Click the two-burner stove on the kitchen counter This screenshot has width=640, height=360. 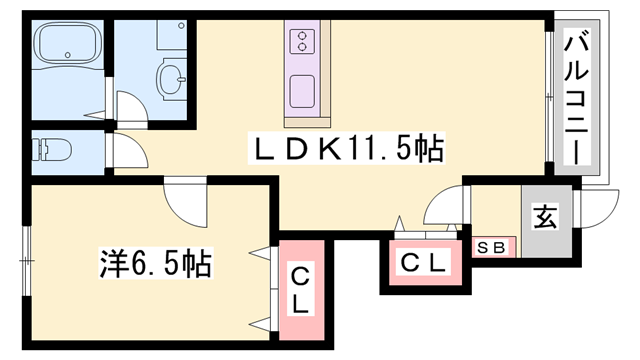click(x=302, y=41)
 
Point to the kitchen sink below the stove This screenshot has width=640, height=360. click(x=302, y=91)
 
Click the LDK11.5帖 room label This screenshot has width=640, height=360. click(x=345, y=150)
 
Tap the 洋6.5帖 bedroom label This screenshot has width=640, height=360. click(x=155, y=266)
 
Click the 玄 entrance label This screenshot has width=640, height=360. click(x=544, y=218)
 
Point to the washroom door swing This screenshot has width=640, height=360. click(x=129, y=108)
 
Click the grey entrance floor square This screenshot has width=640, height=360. click(x=545, y=225)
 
